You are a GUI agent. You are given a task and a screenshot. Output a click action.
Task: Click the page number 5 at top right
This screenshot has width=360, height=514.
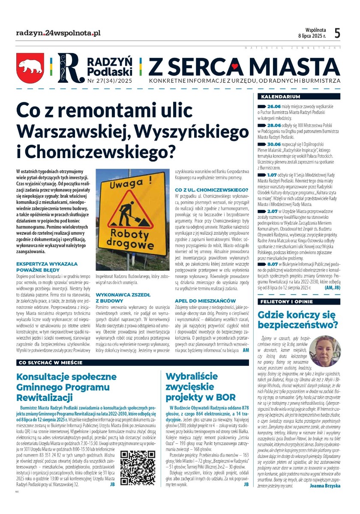coord(337,33)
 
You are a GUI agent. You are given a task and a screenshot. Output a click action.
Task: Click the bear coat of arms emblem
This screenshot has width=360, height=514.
coord(30,68)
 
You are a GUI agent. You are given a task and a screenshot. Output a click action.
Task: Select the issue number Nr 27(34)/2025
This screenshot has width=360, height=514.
coord(110,80)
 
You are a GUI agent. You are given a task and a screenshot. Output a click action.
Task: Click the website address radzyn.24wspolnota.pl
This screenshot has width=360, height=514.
coord(58,33)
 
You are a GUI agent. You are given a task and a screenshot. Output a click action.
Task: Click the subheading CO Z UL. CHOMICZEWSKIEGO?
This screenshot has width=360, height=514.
coord(211,189)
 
